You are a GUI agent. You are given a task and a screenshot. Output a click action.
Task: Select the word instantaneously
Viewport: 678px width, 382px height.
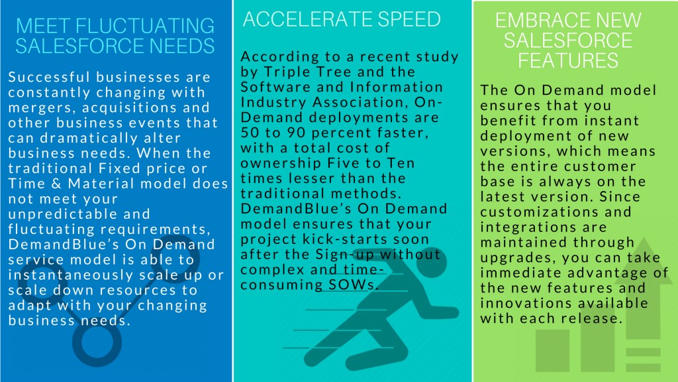coord(74,275)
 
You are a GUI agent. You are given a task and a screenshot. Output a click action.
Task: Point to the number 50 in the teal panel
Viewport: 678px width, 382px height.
coord(250,133)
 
